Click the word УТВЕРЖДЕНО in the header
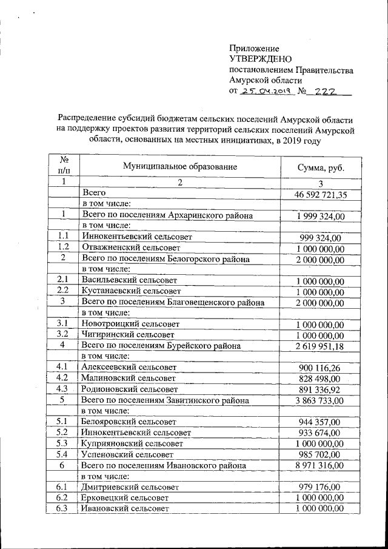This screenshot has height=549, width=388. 261,59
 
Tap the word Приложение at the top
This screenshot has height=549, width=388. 254,49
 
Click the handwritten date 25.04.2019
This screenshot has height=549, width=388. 267,91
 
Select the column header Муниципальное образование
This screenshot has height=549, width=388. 179,166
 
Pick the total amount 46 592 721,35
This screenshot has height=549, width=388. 320,195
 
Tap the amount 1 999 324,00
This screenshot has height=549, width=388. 320,217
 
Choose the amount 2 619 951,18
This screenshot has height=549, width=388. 320,346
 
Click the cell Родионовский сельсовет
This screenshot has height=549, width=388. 130,389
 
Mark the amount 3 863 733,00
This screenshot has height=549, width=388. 320,400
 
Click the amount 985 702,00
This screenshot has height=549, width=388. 320,454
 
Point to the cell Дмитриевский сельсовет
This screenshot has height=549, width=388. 129,487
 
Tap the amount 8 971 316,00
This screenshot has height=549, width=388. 320,465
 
